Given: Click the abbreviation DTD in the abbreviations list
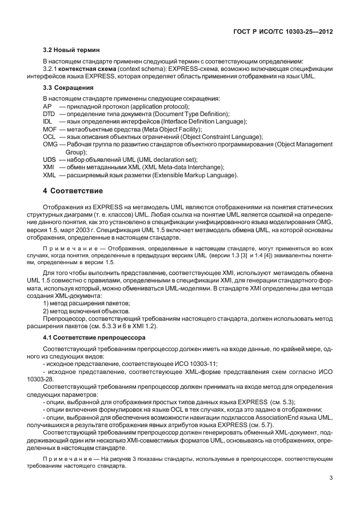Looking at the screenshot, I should tap(49, 114).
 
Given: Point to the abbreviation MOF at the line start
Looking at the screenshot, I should tap(50, 129).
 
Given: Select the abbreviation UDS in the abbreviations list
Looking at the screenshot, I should tap(50, 159).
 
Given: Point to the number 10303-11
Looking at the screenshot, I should tap(204, 363).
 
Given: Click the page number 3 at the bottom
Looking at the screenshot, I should tap(331, 478).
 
